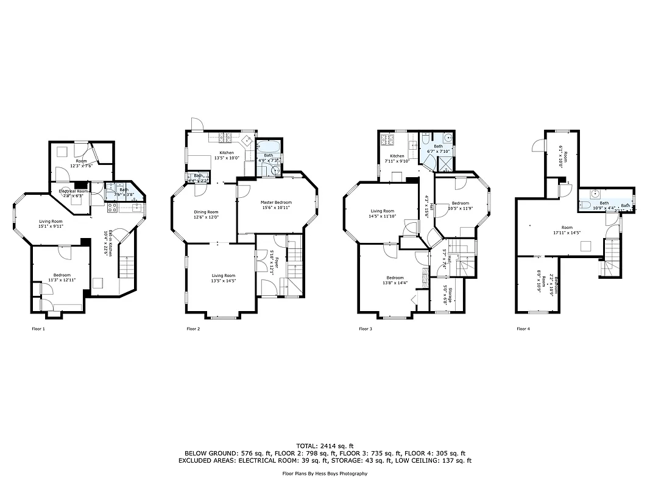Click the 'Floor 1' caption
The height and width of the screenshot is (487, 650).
pos(38,329)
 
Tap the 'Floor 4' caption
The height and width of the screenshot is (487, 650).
pos(523,329)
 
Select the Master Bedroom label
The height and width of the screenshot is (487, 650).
pos(276,205)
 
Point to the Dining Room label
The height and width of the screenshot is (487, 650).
pos(206,214)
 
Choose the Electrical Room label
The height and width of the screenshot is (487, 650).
pos(74,194)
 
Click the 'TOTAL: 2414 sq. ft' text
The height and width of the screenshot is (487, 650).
pos(325,446)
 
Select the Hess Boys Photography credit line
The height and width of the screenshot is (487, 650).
pos(325,474)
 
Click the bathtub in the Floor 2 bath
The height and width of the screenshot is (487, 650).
pos(269,148)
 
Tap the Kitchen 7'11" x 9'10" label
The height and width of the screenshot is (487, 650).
pos(397,159)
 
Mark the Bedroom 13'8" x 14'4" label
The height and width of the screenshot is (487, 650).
pos(393,280)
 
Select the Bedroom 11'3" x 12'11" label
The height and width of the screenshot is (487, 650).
pos(62,278)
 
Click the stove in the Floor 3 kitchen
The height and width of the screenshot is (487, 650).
pos(387,141)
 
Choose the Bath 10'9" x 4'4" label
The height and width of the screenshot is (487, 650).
pos(604,205)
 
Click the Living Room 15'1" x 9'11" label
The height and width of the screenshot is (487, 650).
pos(51,223)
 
